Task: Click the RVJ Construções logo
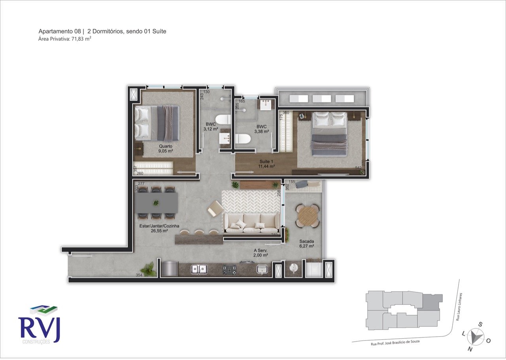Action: coord(39,324)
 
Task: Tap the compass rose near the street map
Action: coord(476,336)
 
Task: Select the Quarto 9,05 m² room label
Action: coord(166,148)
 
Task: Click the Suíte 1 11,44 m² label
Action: coord(266,164)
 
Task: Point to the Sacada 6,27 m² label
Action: coord(306,243)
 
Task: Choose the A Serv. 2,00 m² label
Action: coord(261,253)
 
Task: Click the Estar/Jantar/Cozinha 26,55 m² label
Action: coord(159,228)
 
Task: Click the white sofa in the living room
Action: coord(251,223)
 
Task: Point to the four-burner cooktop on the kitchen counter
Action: coord(230,270)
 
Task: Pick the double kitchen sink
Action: coord(200,269)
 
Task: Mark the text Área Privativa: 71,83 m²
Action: coord(65,39)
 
